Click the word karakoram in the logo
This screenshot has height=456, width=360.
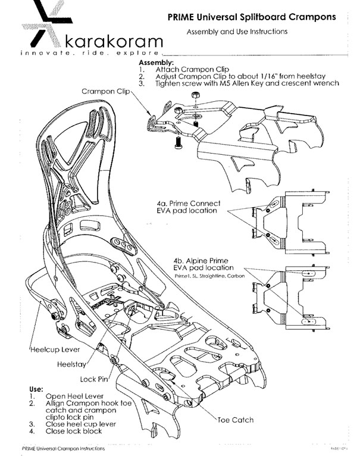(x=112, y=42)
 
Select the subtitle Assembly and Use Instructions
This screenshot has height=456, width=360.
(x=237, y=31)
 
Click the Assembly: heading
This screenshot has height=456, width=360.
(x=156, y=63)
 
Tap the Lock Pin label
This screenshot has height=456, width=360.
(x=93, y=379)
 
